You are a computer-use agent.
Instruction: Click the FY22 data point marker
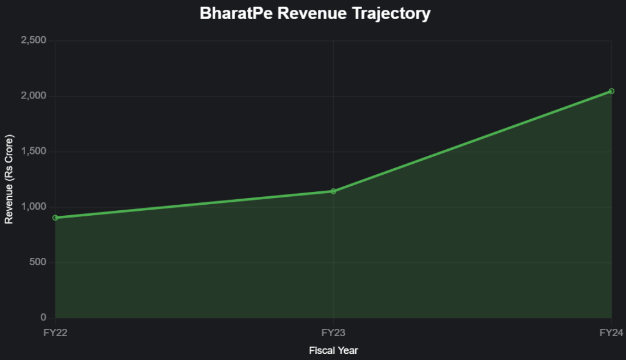(x=56, y=218)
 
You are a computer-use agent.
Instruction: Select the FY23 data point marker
(x=333, y=191)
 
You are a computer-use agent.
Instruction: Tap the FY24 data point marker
(x=611, y=91)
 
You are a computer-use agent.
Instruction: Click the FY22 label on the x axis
(x=56, y=332)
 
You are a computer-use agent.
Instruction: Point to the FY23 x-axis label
(x=333, y=332)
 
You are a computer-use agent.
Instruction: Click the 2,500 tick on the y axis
(x=34, y=41)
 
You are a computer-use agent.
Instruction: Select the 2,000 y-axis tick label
(x=34, y=96)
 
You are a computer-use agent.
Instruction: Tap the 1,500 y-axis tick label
(x=34, y=152)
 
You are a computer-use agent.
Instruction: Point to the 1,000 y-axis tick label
(x=34, y=207)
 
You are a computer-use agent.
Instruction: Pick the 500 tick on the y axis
(x=39, y=262)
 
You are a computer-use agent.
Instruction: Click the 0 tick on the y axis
(x=43, y=318)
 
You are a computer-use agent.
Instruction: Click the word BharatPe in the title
(x=236, y=13)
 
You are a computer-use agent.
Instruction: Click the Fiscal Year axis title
(x=333, y=351)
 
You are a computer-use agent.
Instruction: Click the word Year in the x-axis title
(x=347, y=351)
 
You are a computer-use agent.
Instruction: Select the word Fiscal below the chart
(x=322, y=351)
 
